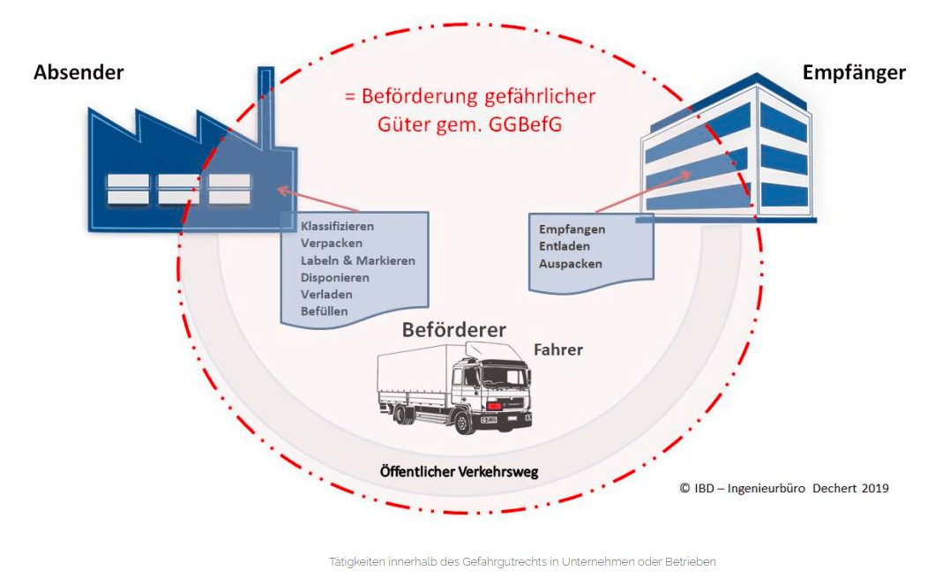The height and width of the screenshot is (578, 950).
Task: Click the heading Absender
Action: [x=79, y=72]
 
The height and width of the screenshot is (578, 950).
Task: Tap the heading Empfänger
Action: [x=853, y=72]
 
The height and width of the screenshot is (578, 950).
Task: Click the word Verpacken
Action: [x=331, y=244]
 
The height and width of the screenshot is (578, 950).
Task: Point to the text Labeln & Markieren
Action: [x=357, y=260]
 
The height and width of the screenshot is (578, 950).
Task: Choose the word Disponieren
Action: [x=334, y=277]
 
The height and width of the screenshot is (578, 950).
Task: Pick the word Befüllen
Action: [x=324, y=311]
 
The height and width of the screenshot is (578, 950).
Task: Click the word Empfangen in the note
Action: [x=572, y=229]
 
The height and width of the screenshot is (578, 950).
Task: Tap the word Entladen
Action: [x=565, y=246]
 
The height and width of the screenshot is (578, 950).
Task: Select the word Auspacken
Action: [x=571, y=263]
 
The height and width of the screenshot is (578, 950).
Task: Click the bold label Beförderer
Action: [x=454, y=330]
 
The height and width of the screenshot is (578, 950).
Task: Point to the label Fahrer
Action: [x=558, y=350]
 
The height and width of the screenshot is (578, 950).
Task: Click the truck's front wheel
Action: [x=460, y=424]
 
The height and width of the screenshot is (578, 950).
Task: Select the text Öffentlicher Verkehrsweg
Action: [x=458, y=471]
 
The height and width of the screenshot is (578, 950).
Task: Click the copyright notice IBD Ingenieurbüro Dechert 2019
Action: [x=783, y=488]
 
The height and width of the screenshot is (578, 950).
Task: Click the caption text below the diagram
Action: [x=522, y=561]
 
